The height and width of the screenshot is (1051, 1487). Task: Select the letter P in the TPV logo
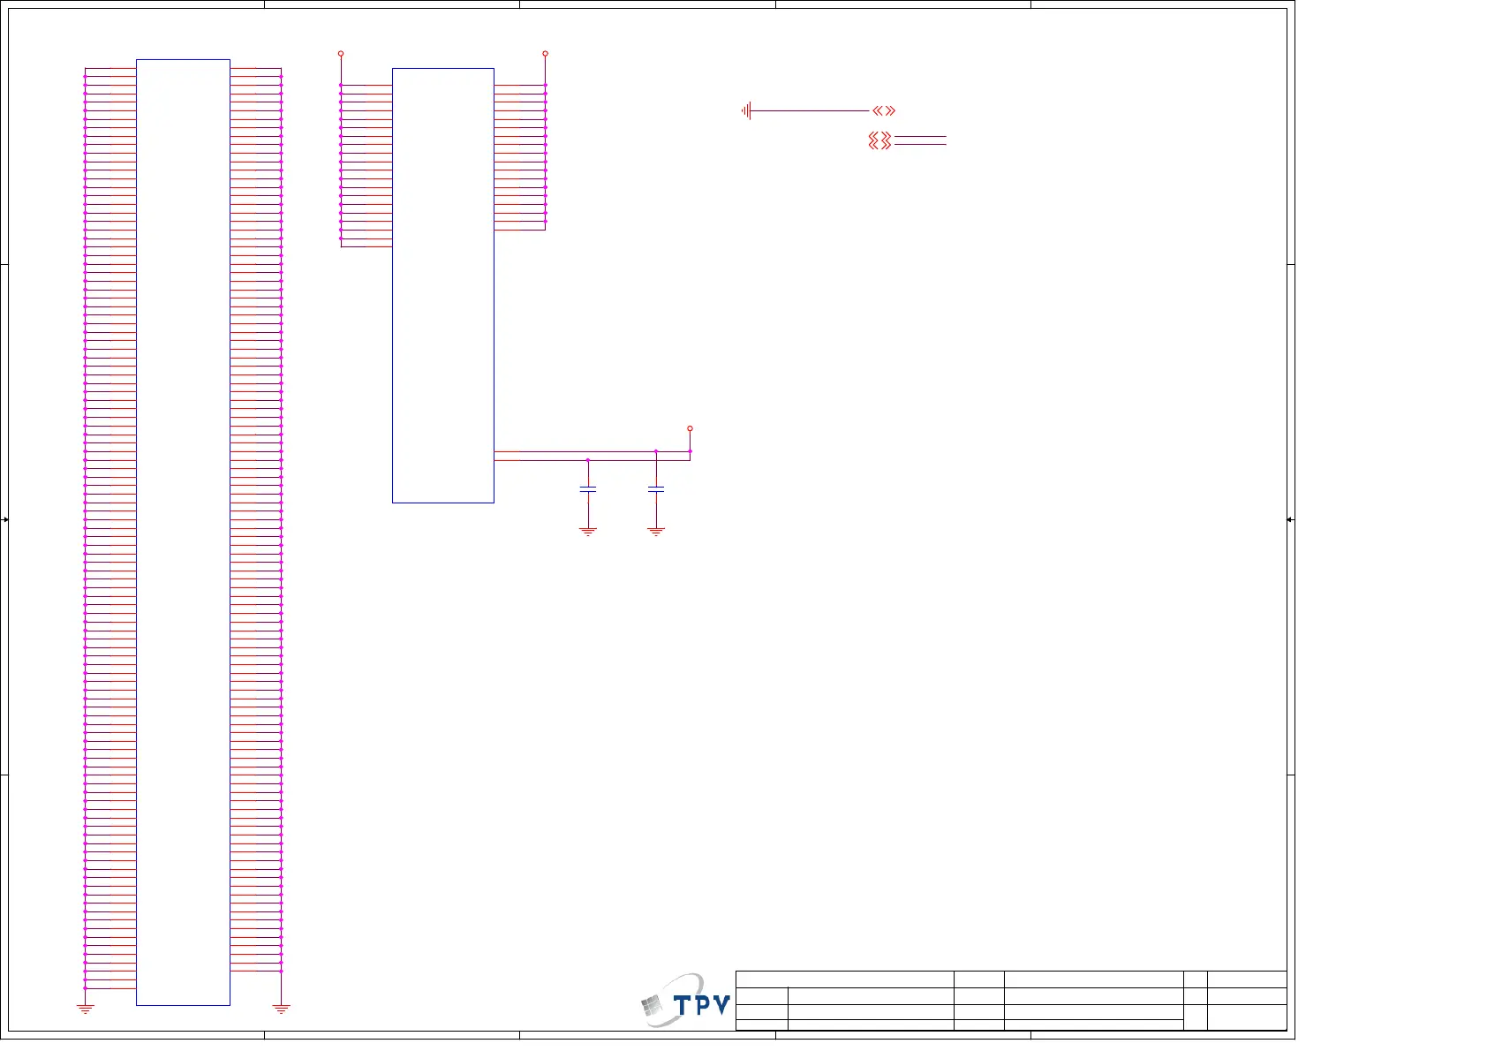(x=702, y=1005)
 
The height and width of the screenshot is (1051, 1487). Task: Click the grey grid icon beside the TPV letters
(x=653, y=1006)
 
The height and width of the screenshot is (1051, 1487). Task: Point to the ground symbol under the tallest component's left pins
(x=85, y=1008)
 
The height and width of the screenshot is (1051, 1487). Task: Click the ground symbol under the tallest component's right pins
(x=281, y=1008)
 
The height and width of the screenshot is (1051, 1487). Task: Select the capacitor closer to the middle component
(x=588, y=488)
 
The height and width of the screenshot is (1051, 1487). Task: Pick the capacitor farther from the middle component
(x=655, y=488)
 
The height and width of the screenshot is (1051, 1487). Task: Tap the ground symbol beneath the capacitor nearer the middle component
(x=588, y=532)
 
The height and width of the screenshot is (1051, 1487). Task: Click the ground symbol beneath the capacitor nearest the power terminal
(x=655, y=532)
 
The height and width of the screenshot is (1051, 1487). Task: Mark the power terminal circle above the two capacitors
(x=690, y=428)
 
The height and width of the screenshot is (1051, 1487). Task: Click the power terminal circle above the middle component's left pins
(x=341, y=54)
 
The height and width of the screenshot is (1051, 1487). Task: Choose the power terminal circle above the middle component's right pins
(x=545, y=54)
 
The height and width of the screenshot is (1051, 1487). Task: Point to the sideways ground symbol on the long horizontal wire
(x=747, y=110)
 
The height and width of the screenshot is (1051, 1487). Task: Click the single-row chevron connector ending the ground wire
(x=884, y=110)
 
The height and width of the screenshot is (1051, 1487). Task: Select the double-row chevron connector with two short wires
(x=880, y=140)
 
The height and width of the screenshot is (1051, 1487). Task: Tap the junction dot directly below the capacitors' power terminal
(x=690, y=451)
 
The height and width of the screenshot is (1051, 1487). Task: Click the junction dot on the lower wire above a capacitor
(x=588, y=460)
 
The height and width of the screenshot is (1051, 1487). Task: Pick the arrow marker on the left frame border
(x=5, y=519)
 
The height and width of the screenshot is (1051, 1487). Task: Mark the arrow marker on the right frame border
(x=1290, y=519)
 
